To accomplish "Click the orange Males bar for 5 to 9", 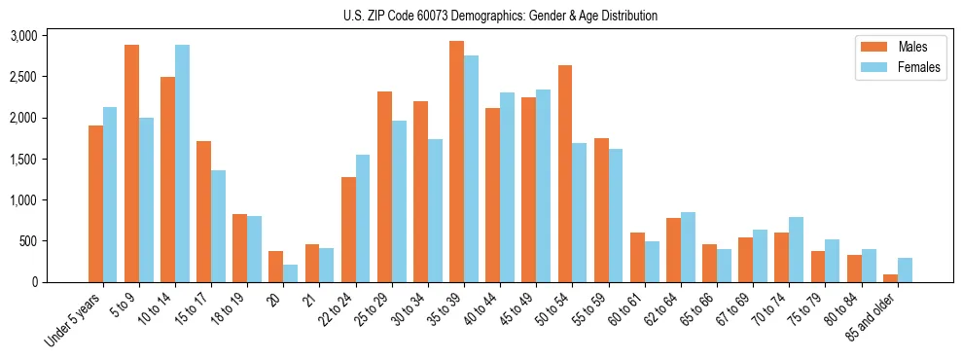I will pyautogui.click(x=131, y=163).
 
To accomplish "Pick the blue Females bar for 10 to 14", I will pyautogui.click(x=182, y=163).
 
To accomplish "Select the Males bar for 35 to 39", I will pyautogui.click(x=456, y=162).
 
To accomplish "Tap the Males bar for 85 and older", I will pyautogui.click(x=890, y=278).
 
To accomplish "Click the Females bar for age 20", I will pyautogui.click(x=290, y=273).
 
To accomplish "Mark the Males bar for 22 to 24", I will pyautogui.click(x=348, y=230).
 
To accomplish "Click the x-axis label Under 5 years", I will pyautogui.click(x=74, y=319).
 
